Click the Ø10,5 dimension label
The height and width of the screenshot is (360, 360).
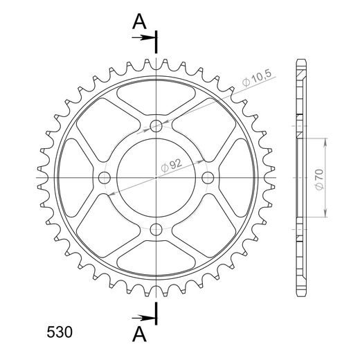click(256, 79)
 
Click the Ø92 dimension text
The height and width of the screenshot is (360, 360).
click(172, 165)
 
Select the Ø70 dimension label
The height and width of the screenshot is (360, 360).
click(319, 179)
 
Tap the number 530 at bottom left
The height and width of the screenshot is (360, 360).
click(60, 332)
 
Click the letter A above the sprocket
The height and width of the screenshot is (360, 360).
click(139, 21)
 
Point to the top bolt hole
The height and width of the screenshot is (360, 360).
click(156, 126)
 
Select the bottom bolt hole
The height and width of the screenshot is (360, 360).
click(156, 229)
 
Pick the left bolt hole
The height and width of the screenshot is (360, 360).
click(105, 178)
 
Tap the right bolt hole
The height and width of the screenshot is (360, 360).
click(208, 178)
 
